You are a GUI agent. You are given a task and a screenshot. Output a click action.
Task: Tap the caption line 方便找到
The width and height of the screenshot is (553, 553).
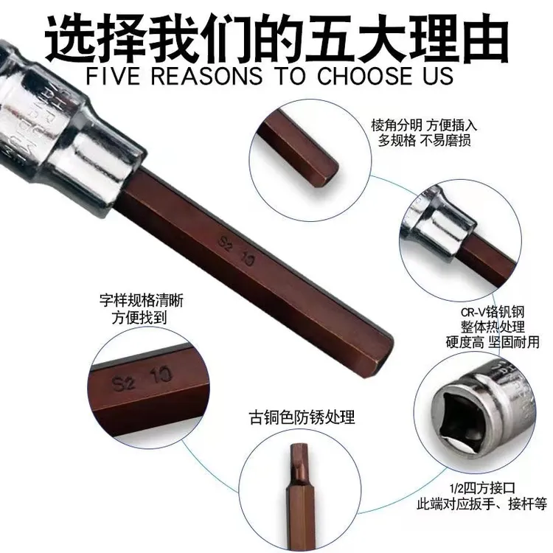(139, 317)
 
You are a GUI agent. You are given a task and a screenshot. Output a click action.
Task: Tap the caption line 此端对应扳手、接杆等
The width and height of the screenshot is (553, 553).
(482, 504)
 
